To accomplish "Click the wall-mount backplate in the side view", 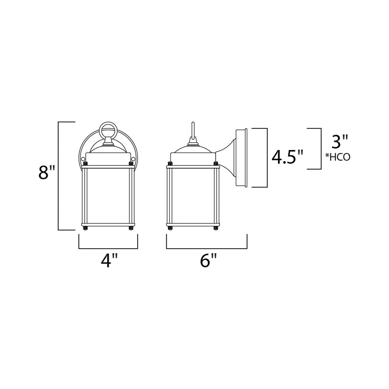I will pyautogui.click(x=241, y=158).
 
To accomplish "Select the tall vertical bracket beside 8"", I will pyautogui.click(x=59, y=176).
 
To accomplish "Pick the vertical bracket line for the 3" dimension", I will pyautogui.click(x=321, y=149).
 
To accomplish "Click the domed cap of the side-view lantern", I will pyautogui.click(x=193, y=149).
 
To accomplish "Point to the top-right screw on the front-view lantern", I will pyautogui.click(x=131, y=164).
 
